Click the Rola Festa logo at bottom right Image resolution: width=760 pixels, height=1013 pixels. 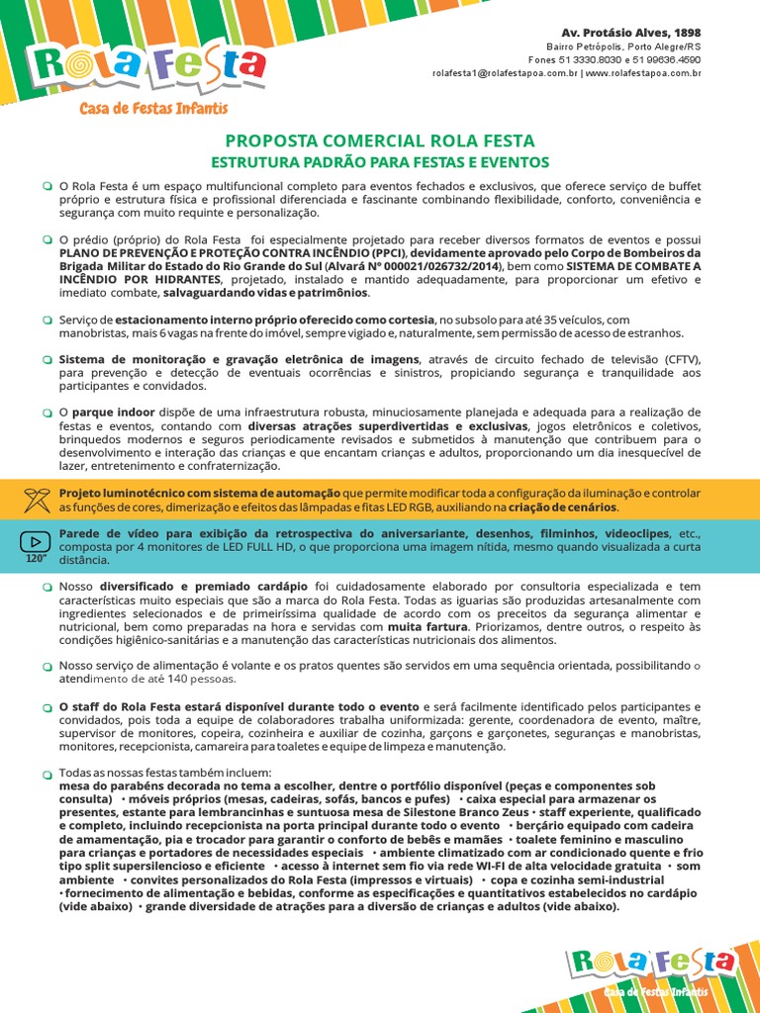click(652, 962)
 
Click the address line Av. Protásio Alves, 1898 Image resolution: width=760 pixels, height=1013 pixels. click(645, 33)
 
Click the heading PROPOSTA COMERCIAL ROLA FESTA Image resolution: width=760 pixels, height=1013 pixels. click(380, 140)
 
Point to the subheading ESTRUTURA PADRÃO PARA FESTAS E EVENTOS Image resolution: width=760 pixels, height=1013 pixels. click(380, 161)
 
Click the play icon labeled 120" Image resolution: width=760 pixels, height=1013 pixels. click(37, 542)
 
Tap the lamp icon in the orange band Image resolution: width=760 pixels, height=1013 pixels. click(37, 500)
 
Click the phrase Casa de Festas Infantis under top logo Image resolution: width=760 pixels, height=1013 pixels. click(153, 108)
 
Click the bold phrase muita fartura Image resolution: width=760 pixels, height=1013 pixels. click(427, 626)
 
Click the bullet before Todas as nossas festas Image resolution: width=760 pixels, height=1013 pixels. click(47, 773)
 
